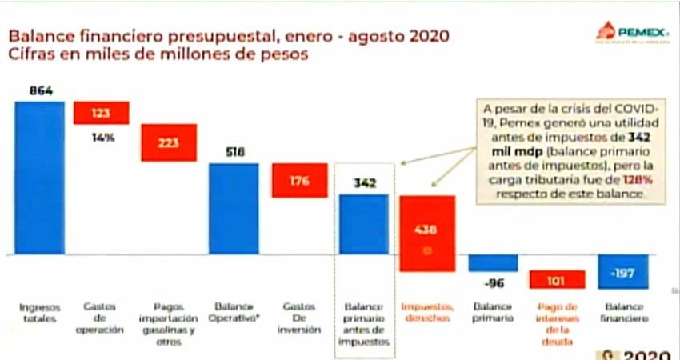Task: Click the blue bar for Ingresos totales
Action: coord(39,177)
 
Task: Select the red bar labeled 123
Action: coord(102,113)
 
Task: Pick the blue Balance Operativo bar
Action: coord(234,209)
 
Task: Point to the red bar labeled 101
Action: coord(558,279)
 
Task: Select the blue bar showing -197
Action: coord(622,272)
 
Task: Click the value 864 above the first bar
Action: coord(40,90)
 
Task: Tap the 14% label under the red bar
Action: coord(102,137)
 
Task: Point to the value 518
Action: coord(234,152)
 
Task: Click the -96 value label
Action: coord(491,282)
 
